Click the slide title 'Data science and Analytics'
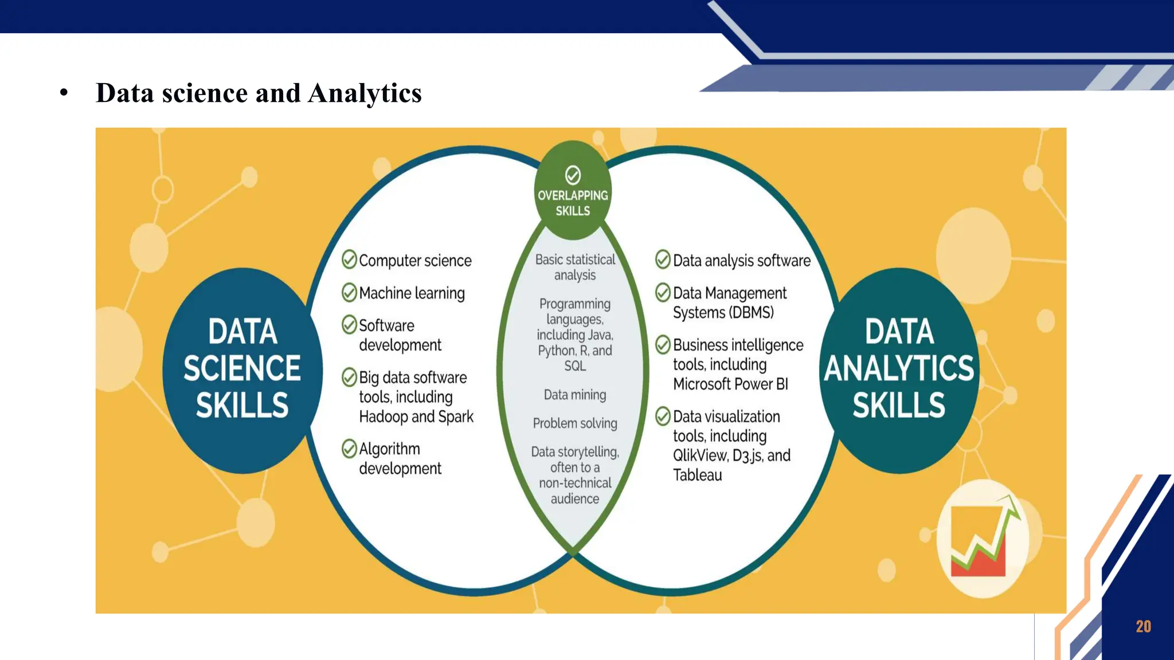[x=259, y=93]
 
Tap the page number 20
[x=1143, y=626]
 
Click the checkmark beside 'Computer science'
[x=349, y=260]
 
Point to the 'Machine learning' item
[x=412, y=293]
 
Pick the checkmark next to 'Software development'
[x=349, y=325]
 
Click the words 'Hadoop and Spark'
[x=416, y=417]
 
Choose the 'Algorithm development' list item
[x=400, y=458]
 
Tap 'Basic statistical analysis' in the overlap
[x=575, y=267]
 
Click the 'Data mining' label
[x=575, y=395]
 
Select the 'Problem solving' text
[x=575, y=423]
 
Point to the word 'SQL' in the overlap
[x=575, y=366]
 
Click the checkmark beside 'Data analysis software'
[x=663, y=260]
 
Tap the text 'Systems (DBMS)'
[x=723, y=313]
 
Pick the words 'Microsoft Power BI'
[x=730, y=384]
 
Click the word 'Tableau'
[x=697, y=475]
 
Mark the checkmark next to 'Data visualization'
[x=663, y=416]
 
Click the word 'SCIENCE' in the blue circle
[x=242, y=368]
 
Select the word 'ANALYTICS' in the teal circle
[x=899, y=368]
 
